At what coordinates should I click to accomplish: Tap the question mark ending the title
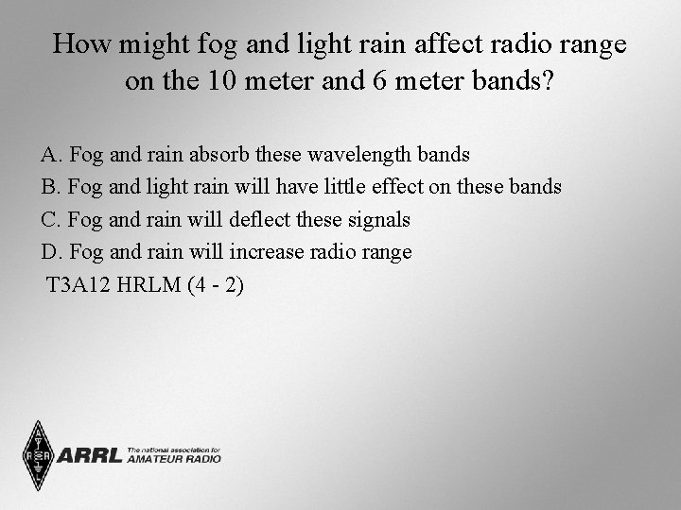click(549, 81)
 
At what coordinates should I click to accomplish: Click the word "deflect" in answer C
click(261, 219)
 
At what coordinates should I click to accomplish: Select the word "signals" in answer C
click(378, 219)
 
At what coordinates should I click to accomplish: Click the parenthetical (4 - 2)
click(216, 285)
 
